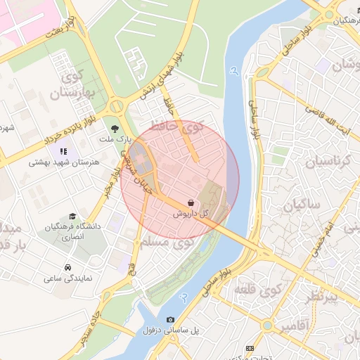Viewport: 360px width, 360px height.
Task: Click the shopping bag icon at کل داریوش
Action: coord(192,202)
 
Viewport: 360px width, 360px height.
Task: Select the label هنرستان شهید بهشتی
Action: coord(64,162)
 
